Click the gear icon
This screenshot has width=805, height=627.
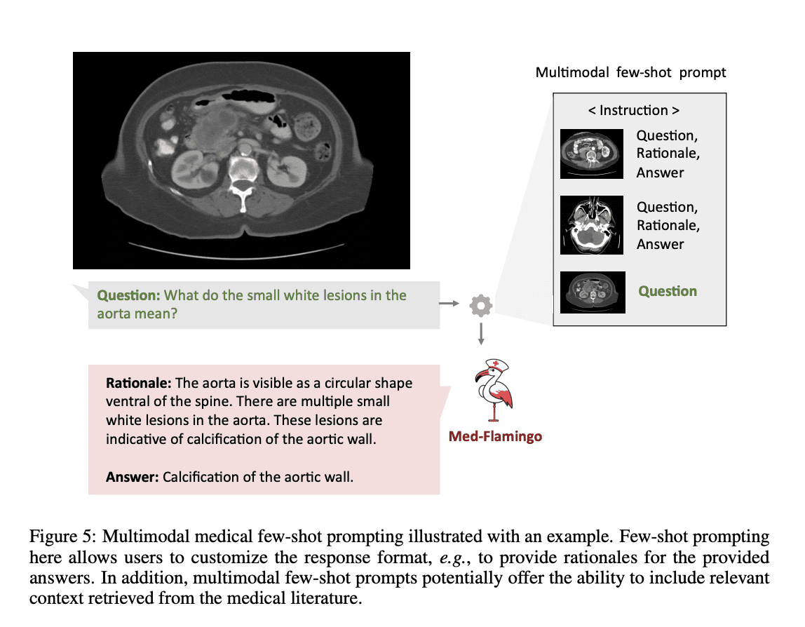481,305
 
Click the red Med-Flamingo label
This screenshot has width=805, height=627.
495,437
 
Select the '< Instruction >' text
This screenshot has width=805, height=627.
633,110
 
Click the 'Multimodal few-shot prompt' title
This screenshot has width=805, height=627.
630,72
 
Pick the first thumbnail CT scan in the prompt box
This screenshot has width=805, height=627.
592,154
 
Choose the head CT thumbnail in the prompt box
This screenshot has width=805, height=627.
592,225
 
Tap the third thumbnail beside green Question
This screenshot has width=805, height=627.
592,292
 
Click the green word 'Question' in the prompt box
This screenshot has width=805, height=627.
668,291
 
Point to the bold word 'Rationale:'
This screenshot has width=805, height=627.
138,384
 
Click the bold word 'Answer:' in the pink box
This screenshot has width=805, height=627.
133,478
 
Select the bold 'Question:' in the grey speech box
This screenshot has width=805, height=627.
128,295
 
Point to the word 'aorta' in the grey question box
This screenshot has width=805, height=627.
114,313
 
